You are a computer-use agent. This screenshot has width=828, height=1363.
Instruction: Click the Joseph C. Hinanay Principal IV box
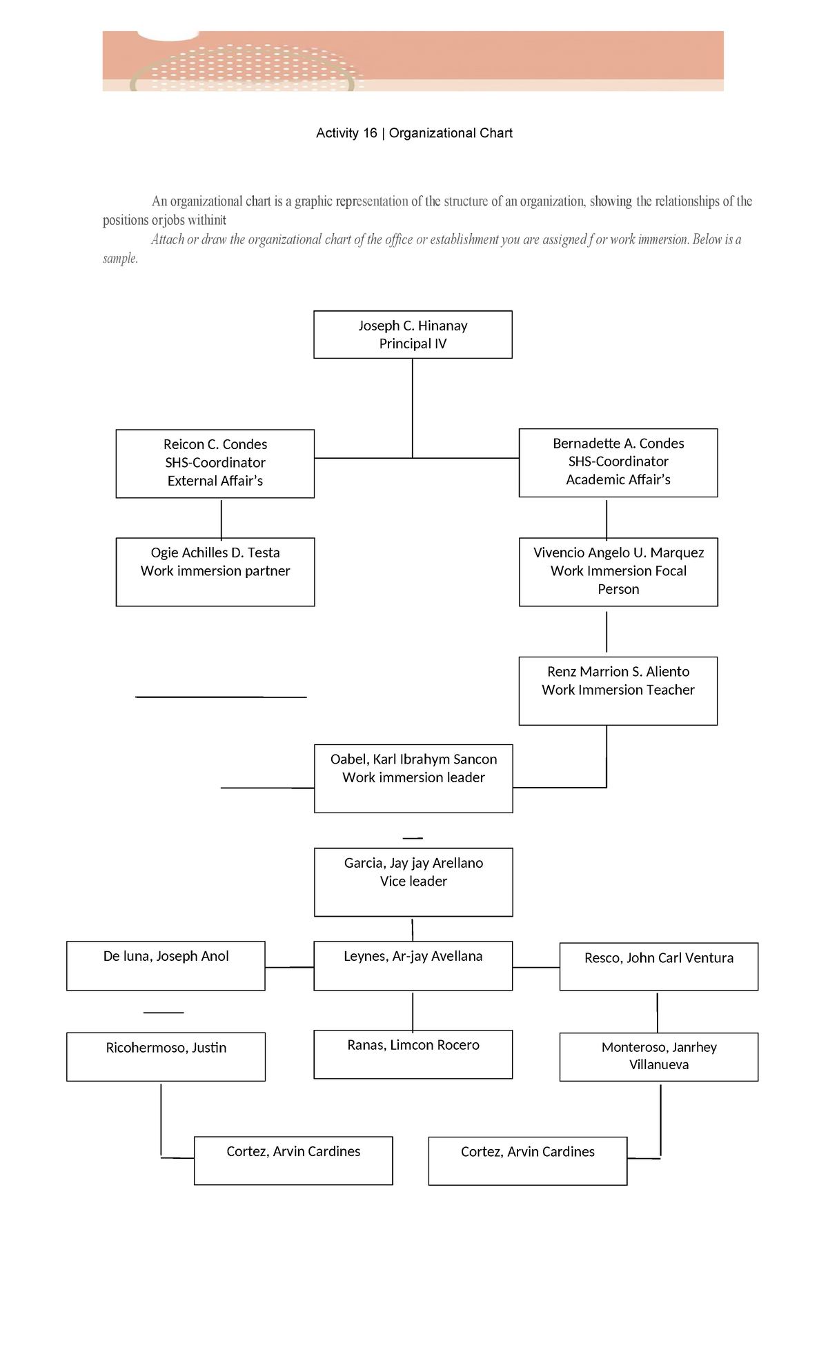tap(413, 335)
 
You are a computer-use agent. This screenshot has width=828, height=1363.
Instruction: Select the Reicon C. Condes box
tap(215, 464)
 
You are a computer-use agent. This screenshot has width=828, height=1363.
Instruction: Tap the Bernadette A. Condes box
tap(618, 463)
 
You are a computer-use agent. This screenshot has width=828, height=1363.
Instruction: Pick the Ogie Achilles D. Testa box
tap(215, 572)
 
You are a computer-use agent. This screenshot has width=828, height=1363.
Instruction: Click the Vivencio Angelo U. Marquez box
tap(618, 572)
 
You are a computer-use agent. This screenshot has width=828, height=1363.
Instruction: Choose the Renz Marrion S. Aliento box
tap(618, 690)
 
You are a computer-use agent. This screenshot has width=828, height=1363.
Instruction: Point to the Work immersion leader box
tap(413, 778)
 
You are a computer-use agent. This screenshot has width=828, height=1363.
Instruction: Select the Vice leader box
tap(413, 882)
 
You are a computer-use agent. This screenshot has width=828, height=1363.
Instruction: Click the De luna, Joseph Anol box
tap(166, 966)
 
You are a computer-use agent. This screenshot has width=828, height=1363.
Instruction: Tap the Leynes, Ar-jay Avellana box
tap(413, 966)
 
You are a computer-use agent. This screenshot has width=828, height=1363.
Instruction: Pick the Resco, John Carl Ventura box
tap(658, 966)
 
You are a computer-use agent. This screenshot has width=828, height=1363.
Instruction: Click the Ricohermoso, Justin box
tap(166, 1056)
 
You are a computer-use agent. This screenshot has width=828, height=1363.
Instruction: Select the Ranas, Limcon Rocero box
tap(413, 1054)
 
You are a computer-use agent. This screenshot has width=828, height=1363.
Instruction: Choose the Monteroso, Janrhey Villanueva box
tap(658, 1056)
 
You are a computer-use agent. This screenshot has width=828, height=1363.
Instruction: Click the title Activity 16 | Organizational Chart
tap(414, 133)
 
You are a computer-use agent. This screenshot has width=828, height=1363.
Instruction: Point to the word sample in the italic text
tap(120, 259)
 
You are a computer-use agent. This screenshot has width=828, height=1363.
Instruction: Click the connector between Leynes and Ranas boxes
tap(413, 1011)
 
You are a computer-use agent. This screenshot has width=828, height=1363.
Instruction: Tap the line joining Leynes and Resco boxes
tap(536, 968)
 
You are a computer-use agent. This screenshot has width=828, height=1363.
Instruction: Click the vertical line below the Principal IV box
tap(413, 407)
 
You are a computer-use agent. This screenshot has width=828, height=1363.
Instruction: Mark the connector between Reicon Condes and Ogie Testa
tap(221, 519)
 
